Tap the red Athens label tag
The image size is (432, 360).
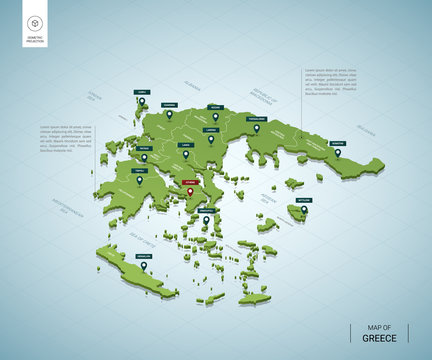[190, 182]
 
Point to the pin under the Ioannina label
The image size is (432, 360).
[169, 115]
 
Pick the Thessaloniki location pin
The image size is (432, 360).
[256, 128]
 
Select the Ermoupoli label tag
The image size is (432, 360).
[207, 210]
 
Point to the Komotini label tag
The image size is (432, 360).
[338, 143]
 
